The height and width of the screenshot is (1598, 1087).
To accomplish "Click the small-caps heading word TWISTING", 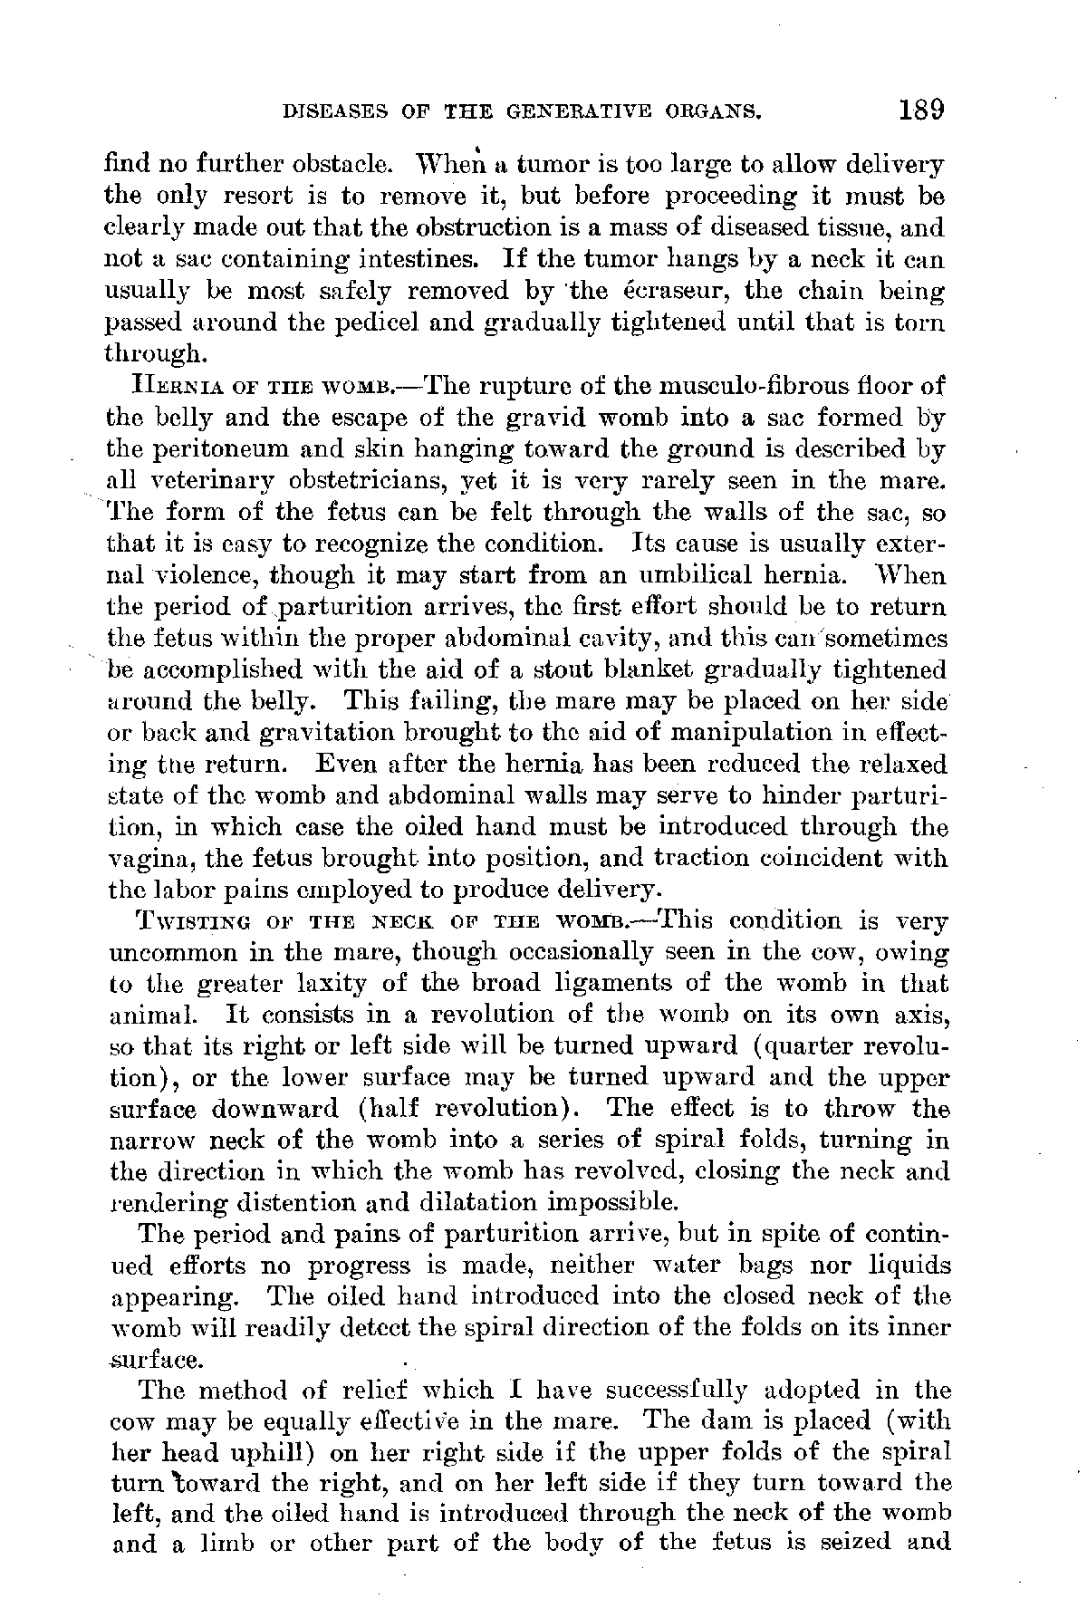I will (185, 923).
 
